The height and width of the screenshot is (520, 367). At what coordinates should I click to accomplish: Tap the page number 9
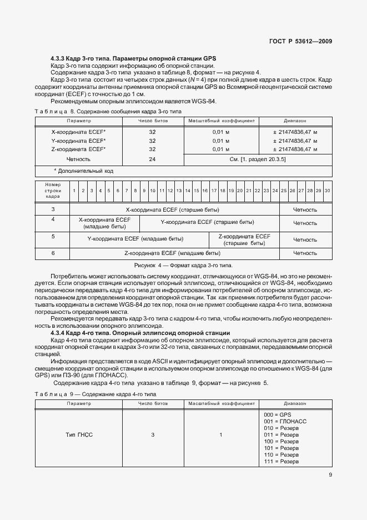click(x=330, y=475)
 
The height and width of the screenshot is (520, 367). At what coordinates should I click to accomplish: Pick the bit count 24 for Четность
click(x=152, y=159)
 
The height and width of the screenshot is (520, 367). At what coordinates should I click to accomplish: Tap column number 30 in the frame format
click(x=328, y=191)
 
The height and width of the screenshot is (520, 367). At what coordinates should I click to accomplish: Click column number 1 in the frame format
click(x=74, y=191)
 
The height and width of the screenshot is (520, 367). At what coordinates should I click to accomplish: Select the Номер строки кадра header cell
click(x=53, y=191)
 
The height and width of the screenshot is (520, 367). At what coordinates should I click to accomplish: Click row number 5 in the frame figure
click(x=53, y=237)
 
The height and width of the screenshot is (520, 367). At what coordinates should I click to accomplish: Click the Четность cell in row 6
click(x=305, y=253)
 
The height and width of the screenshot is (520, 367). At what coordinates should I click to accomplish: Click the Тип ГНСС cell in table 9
click(x=78, y=435)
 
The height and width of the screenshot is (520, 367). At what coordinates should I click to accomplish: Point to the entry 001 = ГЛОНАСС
click(x=285, y=422)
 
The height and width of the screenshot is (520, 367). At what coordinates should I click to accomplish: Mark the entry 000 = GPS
click(x=278, y=415)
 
